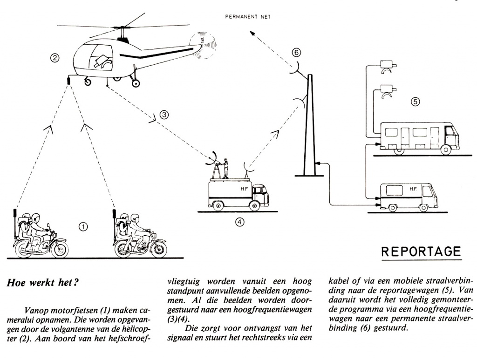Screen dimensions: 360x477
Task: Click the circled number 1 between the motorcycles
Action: click(x=83, y=227)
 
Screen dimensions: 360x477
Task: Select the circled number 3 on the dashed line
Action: click(x=164, y=114)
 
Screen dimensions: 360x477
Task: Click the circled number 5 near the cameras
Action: click(x=416, y=101)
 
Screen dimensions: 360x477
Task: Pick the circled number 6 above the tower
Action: click(x=297, y=52)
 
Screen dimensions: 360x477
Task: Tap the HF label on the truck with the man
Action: click(x=244, y=189)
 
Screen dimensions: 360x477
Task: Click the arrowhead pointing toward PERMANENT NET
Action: click(x=252, y=34)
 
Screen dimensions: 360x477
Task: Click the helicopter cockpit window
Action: click(x=95, y=55)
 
